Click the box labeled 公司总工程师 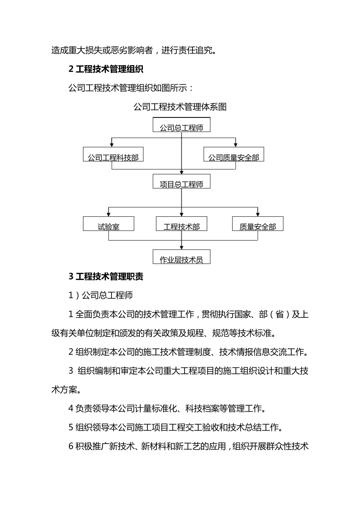(181, 125)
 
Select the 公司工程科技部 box (113, 155)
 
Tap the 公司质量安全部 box (233, 155)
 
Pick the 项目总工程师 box (181, 181)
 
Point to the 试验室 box (108, 224)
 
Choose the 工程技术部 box (181, 224)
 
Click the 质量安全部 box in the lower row (258, 224)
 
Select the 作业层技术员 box (181, 257)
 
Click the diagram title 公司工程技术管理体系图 (180, 107)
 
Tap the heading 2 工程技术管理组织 (106, 69)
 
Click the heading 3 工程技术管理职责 (106, 276)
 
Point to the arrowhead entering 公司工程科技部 (111, 145)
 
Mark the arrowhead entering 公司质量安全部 (236, 145)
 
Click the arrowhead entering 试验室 (109, 214)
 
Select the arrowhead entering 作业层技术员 (182, 247)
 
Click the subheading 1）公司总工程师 (100, 295)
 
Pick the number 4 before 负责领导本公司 (71, 409)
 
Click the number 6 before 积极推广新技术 (71, 447)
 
